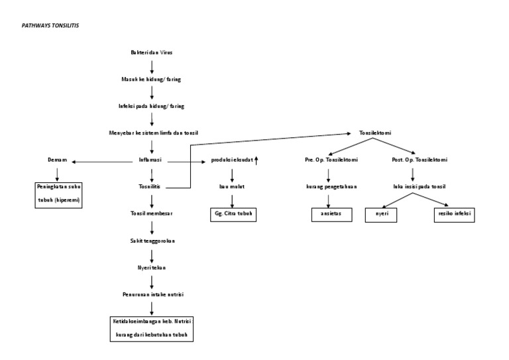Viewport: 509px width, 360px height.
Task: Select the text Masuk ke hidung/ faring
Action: pos(151,79)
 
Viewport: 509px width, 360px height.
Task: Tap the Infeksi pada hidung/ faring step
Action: pos(151,106)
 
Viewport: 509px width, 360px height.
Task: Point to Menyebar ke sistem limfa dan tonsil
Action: pos(153,133)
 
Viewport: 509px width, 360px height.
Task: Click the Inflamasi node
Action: pos(152,160)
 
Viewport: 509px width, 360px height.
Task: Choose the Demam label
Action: pos(57,160)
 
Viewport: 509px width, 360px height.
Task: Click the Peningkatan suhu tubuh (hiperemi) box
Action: pos(59,195)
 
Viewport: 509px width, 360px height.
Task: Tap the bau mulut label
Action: pos(232,187)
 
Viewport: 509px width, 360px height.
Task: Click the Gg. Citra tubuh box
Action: pos(232,214)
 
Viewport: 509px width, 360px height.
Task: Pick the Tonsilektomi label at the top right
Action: pos(375,133)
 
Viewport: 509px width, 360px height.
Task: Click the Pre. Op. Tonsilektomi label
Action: pos(328,160)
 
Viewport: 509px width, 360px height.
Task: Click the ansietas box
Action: pos(331,214)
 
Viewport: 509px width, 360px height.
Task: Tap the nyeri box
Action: pos(382,214)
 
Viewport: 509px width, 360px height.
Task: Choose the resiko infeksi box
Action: pos(455,214)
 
